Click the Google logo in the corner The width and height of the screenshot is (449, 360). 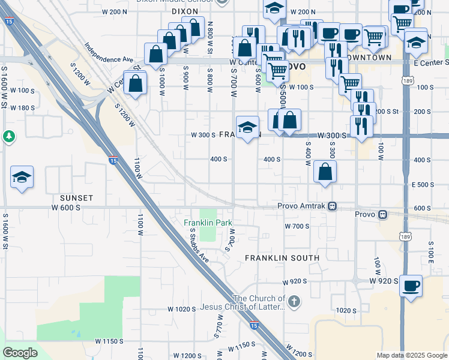[x=20, y=353]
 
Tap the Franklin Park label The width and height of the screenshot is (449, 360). [x=208, y=223]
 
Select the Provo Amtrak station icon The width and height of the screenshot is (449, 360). [x=332, y=206]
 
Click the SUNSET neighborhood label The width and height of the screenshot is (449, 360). [x=76, y=197]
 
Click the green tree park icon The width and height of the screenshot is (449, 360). [x=9, y=137]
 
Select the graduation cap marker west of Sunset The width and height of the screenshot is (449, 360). [x=22, y=177]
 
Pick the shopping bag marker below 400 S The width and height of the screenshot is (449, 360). [x=325, y=172]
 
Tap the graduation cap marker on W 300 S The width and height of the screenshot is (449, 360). [x=247, y=127]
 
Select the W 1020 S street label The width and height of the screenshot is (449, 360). [x=182, y=309]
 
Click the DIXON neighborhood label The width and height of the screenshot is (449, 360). [x=184, y=11]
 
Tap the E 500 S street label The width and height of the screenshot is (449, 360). [x=423, y=184]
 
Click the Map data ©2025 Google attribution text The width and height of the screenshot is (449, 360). [x=411, y=355]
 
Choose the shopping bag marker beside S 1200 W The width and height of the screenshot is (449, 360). [x=136, y=83]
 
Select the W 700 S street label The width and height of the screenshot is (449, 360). [x=297, y=226]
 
